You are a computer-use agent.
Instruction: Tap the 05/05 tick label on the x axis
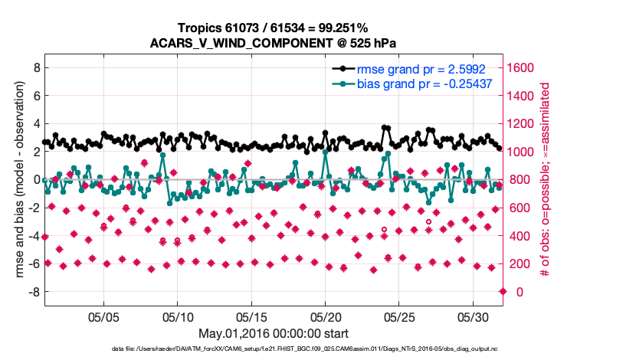[104, 316]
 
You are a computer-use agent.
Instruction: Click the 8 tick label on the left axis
[36, 67]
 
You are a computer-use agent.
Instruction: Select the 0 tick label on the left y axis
[36, 180]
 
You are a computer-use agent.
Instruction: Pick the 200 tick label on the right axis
[520, 264]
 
